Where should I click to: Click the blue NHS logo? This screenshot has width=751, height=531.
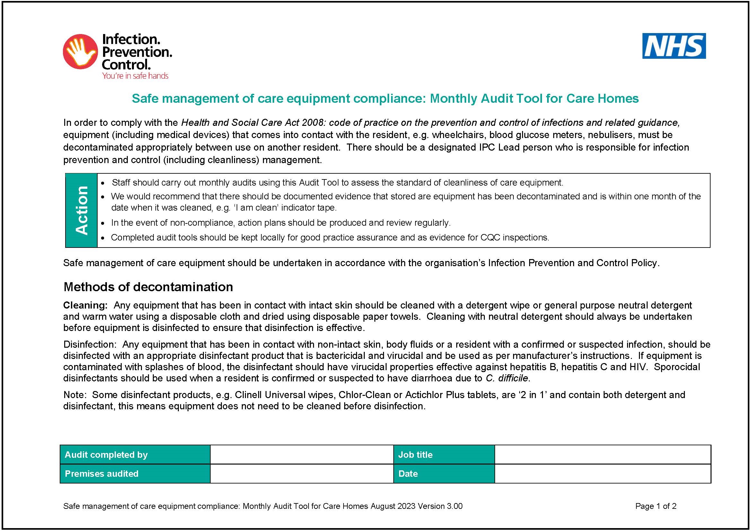(x=674, y=46)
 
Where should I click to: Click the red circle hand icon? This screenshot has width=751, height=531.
(x=80, y=51)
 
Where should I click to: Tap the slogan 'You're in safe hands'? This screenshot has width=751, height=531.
(x=135, y=76)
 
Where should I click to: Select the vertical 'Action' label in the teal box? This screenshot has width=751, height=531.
(x=82, y=210)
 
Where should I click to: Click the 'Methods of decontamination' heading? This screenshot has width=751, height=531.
(x=148, y=287)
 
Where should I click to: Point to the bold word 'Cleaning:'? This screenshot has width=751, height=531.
(x=85, y=305)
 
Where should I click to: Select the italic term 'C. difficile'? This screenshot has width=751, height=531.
(x=507, y=378)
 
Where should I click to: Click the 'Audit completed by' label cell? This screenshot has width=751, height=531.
(x=135, y=455)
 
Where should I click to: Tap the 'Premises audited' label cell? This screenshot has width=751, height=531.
(x=135, y=474)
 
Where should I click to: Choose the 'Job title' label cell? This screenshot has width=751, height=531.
(x=444, y=455)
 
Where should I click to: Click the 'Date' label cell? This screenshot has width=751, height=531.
(x=444, y=474)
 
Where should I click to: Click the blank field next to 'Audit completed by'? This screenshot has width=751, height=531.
(x=301, y=455)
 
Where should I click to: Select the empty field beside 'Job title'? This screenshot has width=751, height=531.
(x=602, y=455)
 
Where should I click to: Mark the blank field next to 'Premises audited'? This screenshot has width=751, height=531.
(x=301, y=474)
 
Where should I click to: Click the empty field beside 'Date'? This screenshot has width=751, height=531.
(x=602, y=474)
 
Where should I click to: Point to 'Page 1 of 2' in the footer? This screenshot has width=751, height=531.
(x=656, y=506)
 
